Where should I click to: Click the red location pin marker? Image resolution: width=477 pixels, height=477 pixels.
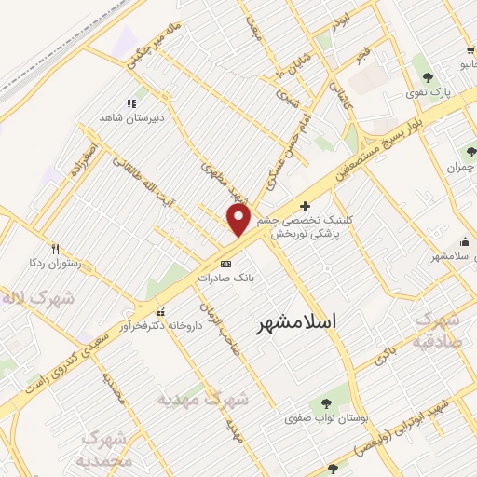[238, 220]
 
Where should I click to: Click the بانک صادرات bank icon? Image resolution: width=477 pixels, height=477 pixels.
[225, 264]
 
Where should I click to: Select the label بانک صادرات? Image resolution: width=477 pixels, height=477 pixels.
[225, 278]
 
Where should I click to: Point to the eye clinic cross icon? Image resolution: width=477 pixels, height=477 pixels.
[305, 205]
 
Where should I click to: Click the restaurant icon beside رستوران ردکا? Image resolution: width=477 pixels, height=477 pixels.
[55, 249]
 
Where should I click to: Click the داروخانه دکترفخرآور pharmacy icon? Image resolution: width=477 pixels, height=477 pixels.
[162, 312]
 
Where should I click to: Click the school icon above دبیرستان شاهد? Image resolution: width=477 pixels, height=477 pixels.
[132, 103]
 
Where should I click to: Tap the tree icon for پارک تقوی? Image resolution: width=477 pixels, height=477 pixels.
[428, 77]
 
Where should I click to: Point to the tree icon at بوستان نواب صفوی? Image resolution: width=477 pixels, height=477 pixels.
[326, 403]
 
